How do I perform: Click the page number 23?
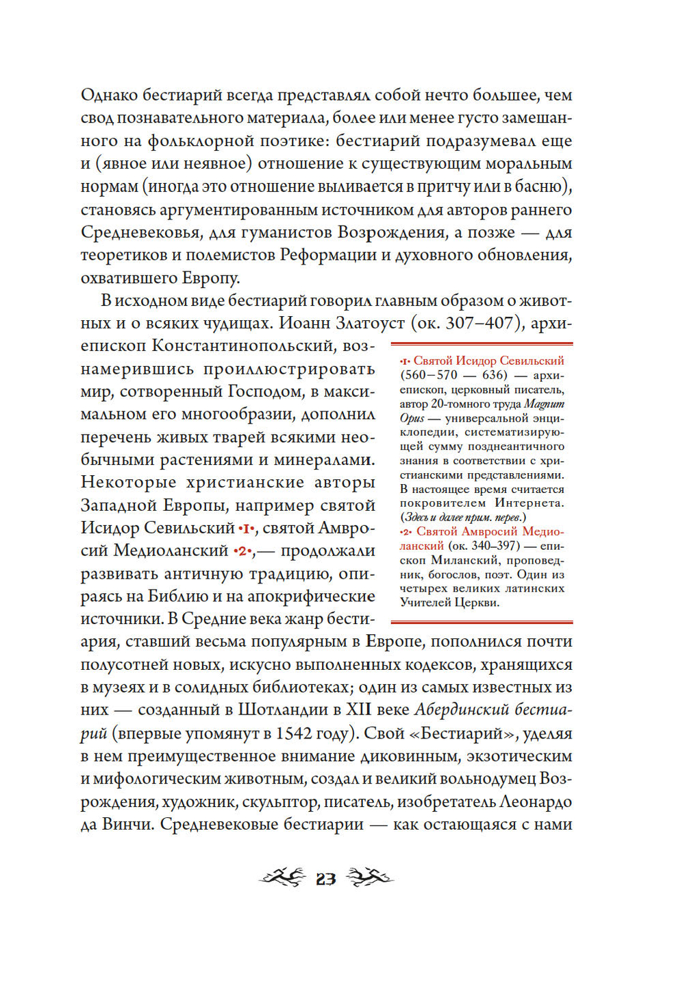coord(325,879)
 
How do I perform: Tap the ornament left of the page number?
coord(282,877)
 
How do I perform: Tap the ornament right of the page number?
coord(369,877)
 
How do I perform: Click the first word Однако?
coord(109,95)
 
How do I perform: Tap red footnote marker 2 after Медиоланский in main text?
coord(242,551)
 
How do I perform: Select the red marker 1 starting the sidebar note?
coord(405,361)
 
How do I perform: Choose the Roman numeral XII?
coord(360,710)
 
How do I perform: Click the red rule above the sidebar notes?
coord(482,344)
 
